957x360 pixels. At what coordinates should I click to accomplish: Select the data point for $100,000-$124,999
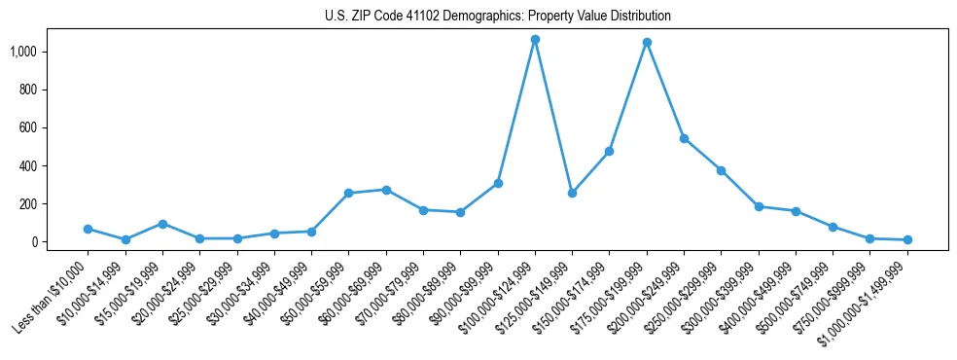coord(535,40)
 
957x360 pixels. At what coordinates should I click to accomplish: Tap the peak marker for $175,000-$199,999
coord(647,43)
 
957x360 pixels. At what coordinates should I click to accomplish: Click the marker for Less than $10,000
coord(89,230)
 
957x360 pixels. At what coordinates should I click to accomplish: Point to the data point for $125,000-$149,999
coord(572,193)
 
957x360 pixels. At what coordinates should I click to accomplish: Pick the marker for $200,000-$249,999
coord(684,138)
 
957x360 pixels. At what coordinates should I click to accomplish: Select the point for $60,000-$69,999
coord(386,190)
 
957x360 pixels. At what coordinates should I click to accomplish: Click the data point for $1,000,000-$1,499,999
coord(907,239)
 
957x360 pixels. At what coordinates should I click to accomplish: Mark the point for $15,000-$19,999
coord(162,224)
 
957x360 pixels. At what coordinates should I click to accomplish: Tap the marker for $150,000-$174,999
coord(609,151)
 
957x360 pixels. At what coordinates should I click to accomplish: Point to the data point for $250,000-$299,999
coord(721,170)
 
